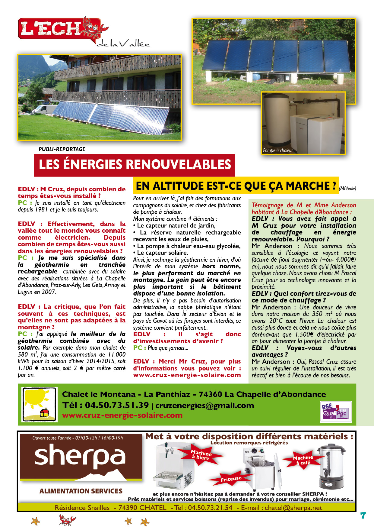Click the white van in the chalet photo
[45, 109]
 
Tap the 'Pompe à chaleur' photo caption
[278, 150]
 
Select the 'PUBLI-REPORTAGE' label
[62, 149]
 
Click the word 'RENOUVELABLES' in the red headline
[178, 165]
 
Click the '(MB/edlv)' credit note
[347, 189]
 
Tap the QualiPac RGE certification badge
[335, 412]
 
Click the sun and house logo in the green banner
[39, 404]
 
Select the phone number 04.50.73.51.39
[117, 405]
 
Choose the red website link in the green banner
[122, 415]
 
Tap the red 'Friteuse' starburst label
[231, 479]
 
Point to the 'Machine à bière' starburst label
[201, 455]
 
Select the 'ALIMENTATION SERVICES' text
[81, 491]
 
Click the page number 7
[363, 515]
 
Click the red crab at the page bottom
[67, 520]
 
